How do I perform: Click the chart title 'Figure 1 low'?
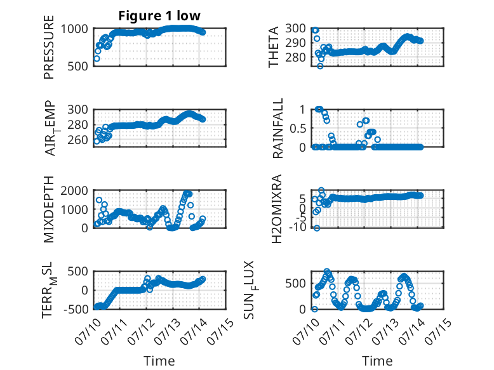[x=159, y=16]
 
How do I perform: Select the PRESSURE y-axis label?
[x=49, y=47]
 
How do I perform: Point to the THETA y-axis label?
[x=274, y=47]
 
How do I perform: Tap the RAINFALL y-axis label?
[x=278, y=128]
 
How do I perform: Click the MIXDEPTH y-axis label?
[x=49, y=209]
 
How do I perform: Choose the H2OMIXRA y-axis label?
[x=276, y=209]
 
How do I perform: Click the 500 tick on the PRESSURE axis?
[x=79, y=66]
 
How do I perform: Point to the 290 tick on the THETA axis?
[x=295, y=43]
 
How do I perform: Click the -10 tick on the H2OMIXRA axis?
[x=297, y=227]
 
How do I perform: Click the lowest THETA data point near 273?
[x=320, y=66]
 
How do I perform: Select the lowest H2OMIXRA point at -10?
[x=317, y=228]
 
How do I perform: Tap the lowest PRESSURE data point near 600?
[x=97, y=58]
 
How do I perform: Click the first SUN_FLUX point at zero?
[x=314, y=309]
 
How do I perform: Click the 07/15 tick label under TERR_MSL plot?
[x=221, y=331]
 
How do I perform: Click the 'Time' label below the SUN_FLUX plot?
[x=377, y=360]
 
